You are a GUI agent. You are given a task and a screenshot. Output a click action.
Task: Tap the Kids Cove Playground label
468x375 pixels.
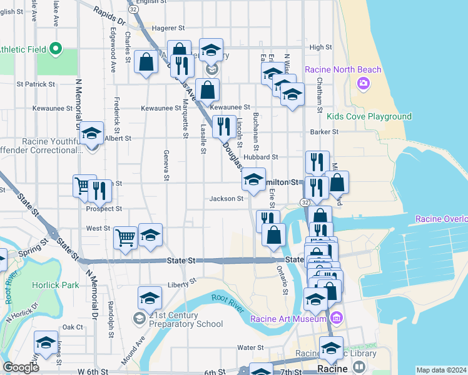point(369,117)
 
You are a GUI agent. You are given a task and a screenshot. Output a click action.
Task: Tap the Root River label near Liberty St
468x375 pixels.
point(226,299)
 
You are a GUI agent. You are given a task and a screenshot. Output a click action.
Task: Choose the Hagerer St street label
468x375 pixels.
point(168,28)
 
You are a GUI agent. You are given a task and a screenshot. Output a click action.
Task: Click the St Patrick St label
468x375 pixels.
point(36,83)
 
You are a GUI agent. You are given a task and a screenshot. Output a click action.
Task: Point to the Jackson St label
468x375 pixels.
point(226,199)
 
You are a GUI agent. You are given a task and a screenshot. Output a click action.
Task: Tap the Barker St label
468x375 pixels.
point(325,132)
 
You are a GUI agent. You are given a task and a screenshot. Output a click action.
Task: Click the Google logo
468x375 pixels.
point(21,367)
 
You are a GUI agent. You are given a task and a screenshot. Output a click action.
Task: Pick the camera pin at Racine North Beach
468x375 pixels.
point(362,83)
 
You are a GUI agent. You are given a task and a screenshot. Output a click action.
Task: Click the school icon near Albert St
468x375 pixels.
point(92,133)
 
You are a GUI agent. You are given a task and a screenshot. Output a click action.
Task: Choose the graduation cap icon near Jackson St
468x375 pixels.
point(253,180)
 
